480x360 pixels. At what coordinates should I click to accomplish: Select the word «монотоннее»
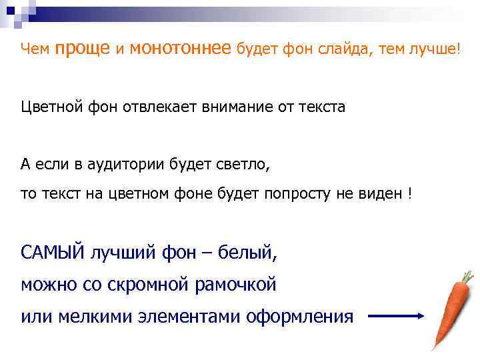tap(181, 49)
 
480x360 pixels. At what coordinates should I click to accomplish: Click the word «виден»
tap(378, 194)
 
